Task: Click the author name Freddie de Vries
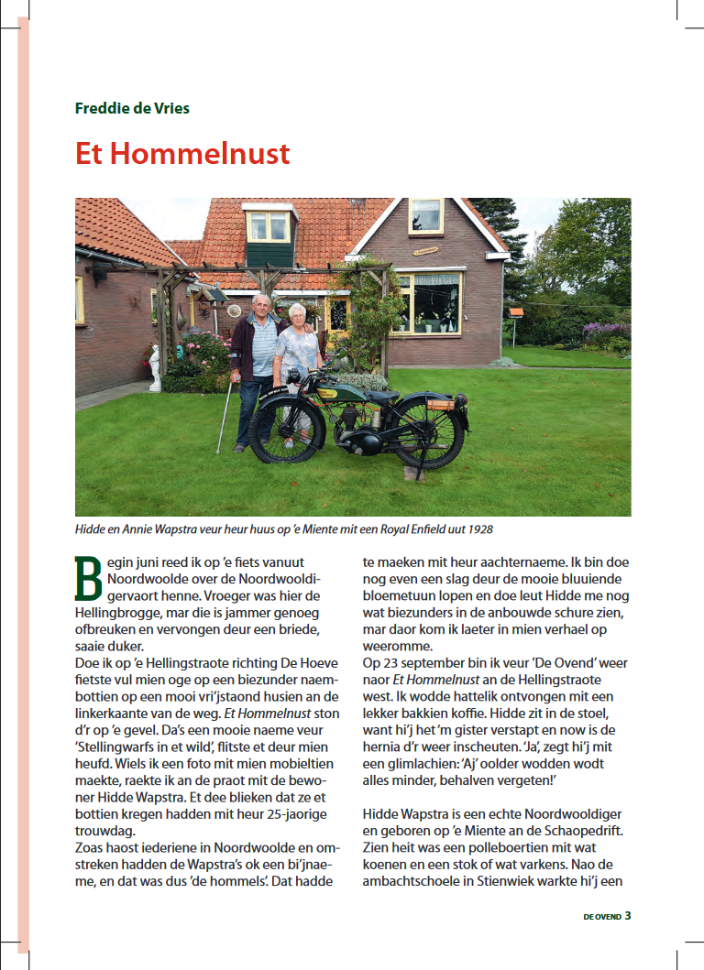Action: pyautogui.click(x=132, y=108)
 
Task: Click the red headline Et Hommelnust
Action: pyautogui.click(x=182, y=153)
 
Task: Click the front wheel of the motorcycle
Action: pyautogui.click(x=287, y=431)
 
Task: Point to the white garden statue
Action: pyautogui.click(x=155, y=366)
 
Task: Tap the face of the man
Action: pyautogui.click(x=261, y=305)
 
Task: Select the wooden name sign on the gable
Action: pyautogui.click(x=424, y=250)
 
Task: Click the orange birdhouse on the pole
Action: pyautogui.click(x=515, y=312)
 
